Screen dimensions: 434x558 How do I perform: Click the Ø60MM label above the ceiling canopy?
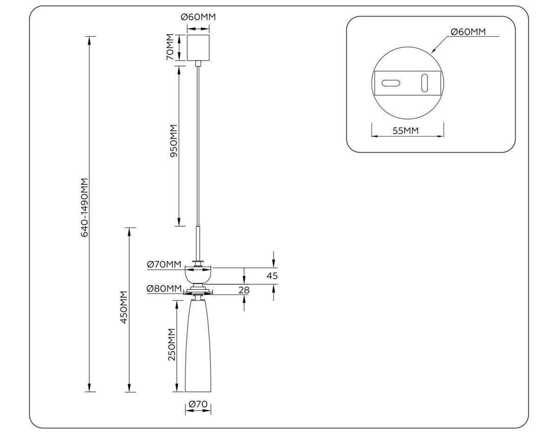coord(198,18)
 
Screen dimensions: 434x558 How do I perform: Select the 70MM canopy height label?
coord(170,47)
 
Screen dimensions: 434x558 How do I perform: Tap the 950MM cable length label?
coord(173,141)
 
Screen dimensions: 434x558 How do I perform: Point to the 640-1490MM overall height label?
coord(85,207)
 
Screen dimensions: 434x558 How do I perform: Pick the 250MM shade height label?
coord(172,345)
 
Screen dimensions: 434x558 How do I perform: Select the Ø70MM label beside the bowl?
coord(164,264)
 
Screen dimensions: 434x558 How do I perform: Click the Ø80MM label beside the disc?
coord(164,288)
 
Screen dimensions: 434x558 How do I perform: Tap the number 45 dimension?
coord(272,276)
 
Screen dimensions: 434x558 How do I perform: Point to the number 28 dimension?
coord(244,290)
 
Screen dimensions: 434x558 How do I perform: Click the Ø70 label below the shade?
coord(198,404)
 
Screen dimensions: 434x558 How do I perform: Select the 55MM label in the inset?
coord(405,131)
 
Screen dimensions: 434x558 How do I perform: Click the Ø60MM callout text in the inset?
coord(468,32)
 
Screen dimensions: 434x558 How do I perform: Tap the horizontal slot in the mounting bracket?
coord(391,83)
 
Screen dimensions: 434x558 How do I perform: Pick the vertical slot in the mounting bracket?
coord(425,83)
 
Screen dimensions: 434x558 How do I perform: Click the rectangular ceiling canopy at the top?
coord(198,47)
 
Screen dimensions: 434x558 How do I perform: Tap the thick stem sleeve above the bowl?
coord(198,242)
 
